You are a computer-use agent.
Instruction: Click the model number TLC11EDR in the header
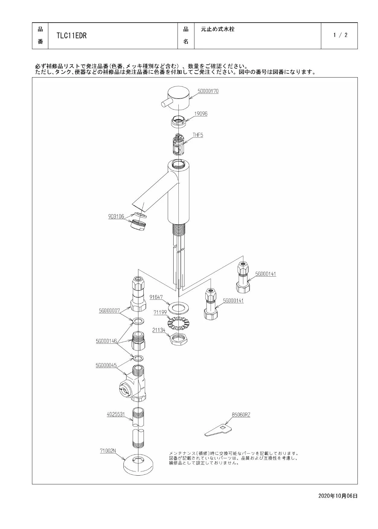72,36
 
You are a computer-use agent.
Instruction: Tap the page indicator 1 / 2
340,35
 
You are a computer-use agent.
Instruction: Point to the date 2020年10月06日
338,496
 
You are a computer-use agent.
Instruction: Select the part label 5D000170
208,91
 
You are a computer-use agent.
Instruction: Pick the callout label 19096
201,114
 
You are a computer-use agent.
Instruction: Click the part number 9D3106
116,216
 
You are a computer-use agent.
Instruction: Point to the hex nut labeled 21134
178,339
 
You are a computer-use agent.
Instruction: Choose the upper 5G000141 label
266,274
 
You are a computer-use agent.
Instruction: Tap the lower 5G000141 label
233,301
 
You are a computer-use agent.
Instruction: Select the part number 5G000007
109,311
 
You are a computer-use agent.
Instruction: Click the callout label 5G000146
106,341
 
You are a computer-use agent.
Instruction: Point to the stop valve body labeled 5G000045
133,383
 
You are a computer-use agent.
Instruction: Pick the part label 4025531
116,414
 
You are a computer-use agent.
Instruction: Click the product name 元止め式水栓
218,30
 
